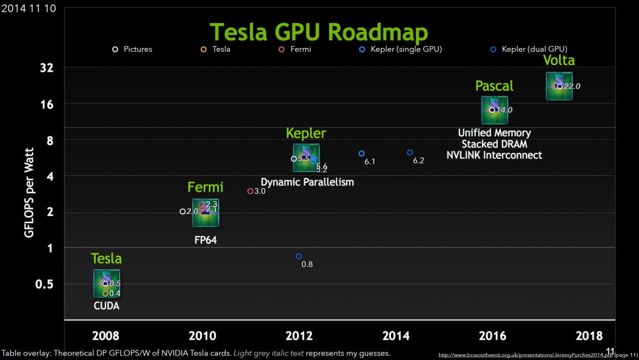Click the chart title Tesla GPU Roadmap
coord(319,31)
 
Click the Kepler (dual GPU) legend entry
coord(530,49)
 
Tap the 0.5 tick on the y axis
coord(45,284)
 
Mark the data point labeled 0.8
coord(298,256)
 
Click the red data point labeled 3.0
coord(250,191)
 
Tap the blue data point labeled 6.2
coord(410,152)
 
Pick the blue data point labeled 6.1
coord(361,153)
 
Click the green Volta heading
coord(558,61)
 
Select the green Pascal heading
coord(494,86)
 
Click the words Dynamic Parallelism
coord(307,182)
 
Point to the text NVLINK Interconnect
coord(494,155)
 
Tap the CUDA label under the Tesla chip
coord(106,306)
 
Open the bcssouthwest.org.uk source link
coord(537,354)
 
